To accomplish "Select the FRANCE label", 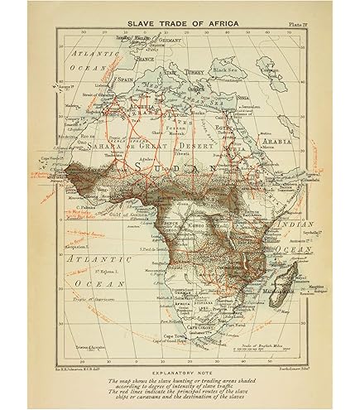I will [x=146, y=60].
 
